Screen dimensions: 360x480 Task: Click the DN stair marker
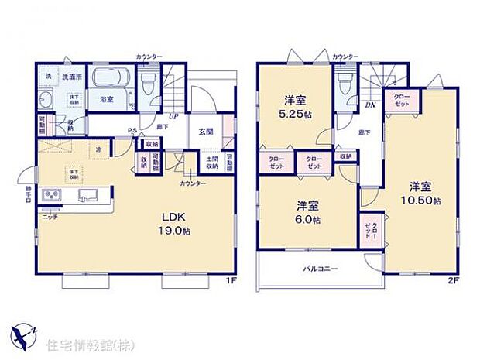click(370, 105)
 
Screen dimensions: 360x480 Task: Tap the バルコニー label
click(318, 269)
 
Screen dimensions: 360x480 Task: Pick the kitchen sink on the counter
click(85, 197)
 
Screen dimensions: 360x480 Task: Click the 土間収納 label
click(211, 163)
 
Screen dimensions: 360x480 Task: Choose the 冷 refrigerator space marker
click(98, 149)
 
